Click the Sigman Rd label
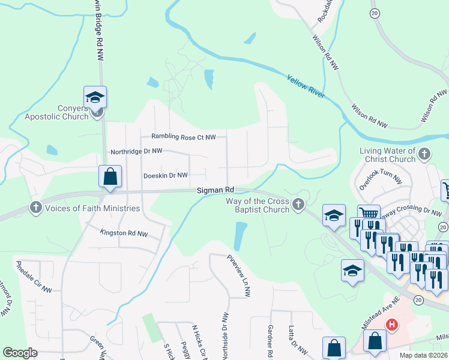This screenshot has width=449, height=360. (x=215, y=190)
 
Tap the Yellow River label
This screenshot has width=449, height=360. (x=306, y=87)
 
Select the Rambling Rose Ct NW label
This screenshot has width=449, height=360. (x=183, y=137)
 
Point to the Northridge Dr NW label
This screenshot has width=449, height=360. (x=136, y=152)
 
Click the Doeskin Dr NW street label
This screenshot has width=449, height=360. (x=166, y=175)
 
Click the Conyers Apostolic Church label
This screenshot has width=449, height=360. (x=56, y=112)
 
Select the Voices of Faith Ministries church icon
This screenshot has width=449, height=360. (x=35, y=208)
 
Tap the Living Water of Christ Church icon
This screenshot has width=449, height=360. (x=424, y=154)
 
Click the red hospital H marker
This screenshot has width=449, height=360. (x=391, y=325)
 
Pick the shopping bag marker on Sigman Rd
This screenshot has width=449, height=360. (x=110, y=177)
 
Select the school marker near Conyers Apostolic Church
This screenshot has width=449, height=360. (x=95, y=97)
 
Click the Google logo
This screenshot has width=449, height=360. (x=20, y=352)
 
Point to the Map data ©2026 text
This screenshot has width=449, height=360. (x=423, y=355)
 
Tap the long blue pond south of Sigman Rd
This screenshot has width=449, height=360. (x=241, y=236)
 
